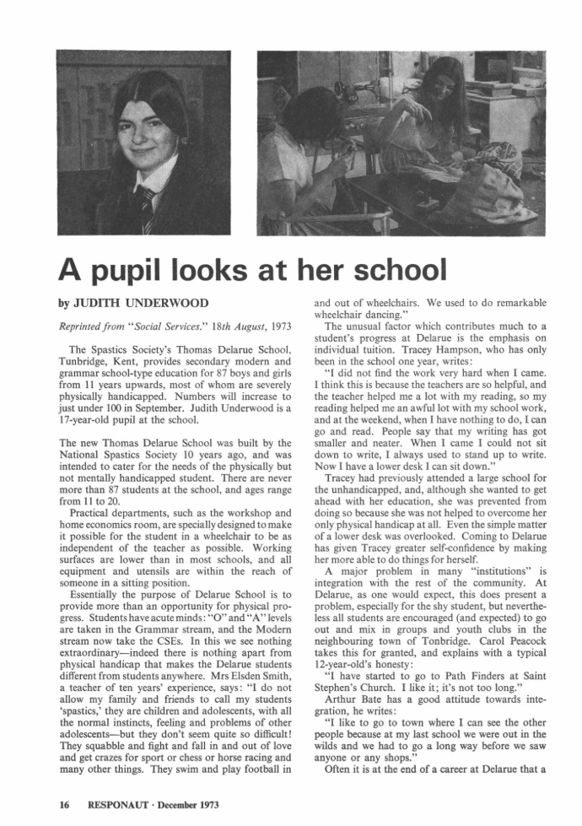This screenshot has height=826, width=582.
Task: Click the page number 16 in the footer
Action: click(x=63, y=805)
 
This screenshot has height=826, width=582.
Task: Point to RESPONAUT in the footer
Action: click(x=119, y=805)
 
